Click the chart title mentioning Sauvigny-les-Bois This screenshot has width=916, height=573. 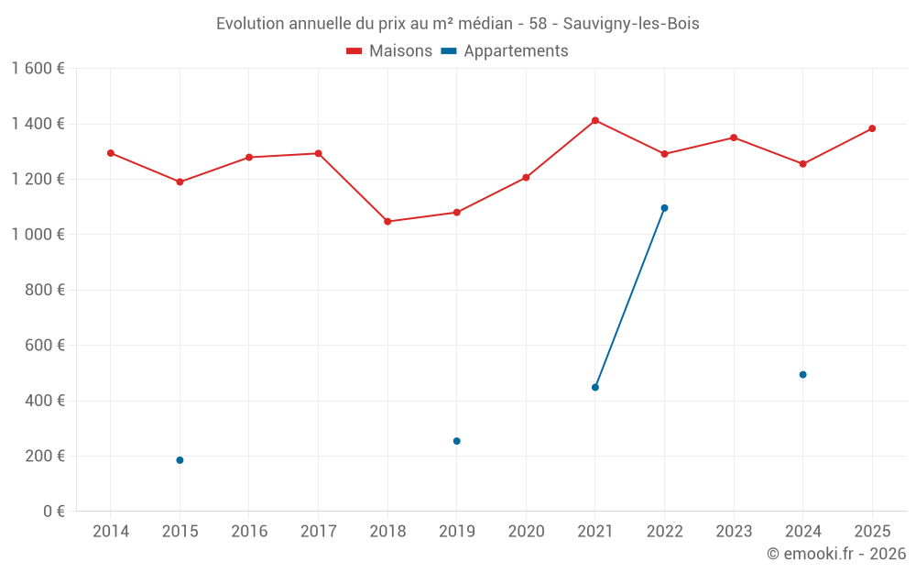point(457,24)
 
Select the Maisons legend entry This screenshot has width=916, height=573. point(389,51)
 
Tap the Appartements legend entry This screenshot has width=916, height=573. point(505,51)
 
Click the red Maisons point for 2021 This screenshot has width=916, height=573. point(595,120)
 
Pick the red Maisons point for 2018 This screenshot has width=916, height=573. point(387,221)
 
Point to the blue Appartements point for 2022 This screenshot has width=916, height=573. point(664,208)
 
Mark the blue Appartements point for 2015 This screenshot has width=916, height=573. point(180,460)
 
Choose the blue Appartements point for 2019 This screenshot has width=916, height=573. point(457,441)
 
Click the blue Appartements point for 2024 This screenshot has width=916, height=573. point(802,374)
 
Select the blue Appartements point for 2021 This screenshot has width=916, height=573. point(595,387)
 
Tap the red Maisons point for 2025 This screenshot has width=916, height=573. point(872,128)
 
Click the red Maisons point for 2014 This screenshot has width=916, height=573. point(111,153)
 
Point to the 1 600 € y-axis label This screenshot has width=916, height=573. point(38,69)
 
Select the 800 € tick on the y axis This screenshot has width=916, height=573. point(43,290)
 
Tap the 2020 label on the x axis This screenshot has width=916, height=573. point(526,532)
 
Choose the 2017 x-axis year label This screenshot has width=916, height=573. point(318,532)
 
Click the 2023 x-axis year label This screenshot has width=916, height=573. point(734,532)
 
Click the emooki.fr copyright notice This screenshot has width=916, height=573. point(835,554)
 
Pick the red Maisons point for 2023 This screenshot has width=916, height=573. point(734,138)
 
